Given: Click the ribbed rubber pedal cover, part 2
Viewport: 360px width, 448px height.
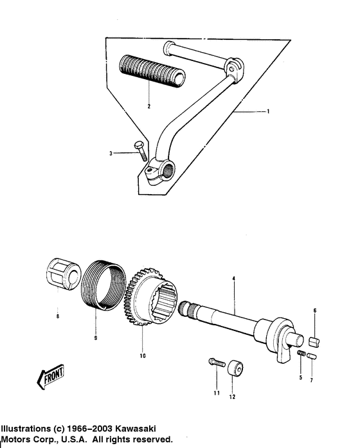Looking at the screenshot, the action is click(151, 70).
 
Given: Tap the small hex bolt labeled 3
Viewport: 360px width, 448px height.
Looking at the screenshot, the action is click(140, 150).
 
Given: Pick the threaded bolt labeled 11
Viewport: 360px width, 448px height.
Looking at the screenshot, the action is click(217, 363).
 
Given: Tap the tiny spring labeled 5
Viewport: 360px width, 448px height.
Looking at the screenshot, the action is click(301, 354).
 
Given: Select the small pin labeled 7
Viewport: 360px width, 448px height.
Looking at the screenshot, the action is click(311, 356).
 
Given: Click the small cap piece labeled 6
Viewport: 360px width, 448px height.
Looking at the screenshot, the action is click(315, 342).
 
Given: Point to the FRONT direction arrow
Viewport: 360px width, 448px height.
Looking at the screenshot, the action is click(51, 376).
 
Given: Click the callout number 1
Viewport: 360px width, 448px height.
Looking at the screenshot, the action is click(268, 111).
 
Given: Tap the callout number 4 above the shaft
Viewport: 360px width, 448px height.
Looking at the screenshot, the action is click(234, 278).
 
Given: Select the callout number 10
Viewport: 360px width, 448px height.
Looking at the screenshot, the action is click(143, 355).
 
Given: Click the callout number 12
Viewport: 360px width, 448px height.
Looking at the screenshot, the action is click(232, 397).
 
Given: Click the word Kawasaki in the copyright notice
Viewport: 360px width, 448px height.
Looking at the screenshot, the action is click(136, 429).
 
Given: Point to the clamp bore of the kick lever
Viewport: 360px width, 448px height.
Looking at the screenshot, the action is click(169, 170).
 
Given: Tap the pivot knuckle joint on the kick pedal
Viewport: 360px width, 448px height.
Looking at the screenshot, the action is click(235, 69).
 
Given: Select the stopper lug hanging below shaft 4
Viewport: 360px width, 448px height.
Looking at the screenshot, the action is click(283, 354).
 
